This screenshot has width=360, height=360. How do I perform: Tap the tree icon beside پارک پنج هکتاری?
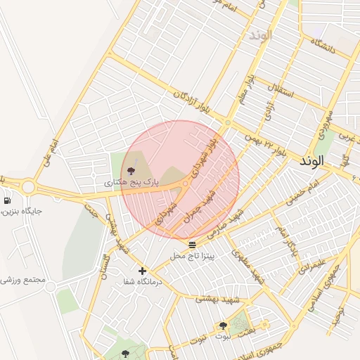(130, 170)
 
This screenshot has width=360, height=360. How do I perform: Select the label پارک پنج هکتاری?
(131, 182)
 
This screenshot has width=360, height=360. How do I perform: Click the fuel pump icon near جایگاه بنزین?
(7, 200)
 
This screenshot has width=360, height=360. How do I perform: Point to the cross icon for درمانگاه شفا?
(142, 271)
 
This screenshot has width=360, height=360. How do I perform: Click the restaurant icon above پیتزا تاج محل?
(192, 245)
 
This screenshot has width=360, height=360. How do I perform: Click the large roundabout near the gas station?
(28, 187)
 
